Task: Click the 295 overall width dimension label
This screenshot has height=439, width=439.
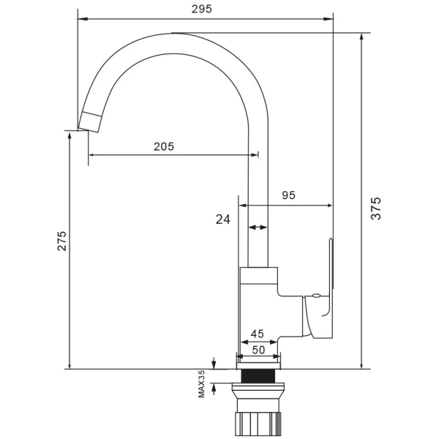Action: pyautogui.click(x=202, y=10)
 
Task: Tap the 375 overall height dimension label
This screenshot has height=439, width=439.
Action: pyautogui.click(x=376, y=209)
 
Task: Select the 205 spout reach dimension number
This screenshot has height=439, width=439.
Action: pyautogui.click(x=164, y=146)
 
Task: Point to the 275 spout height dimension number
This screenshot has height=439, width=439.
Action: pyautogui.click(x=62, y=241)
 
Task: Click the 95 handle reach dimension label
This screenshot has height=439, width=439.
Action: pyautogui.click(x=288, y=195)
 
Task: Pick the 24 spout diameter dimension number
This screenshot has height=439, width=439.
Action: pyautogui.click(x=223, y=219)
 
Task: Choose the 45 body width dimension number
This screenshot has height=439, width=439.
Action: pyautogui.click(x=257, y=334)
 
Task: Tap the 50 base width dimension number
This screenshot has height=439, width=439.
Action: pyautogui.click(x=258, y=350)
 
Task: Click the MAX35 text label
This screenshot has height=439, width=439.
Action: pyautogui.click(x=201, y=384)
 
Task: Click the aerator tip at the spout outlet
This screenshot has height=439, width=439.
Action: pyautogui.click(x=89, y=122)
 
